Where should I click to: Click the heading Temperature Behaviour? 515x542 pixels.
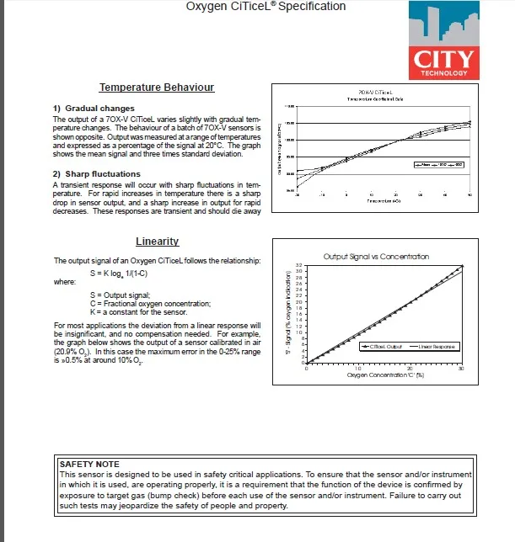point(156,88)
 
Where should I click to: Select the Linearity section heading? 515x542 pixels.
point(156,242)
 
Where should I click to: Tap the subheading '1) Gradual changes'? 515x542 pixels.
point(94,109)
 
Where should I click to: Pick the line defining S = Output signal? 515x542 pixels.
point(120,295)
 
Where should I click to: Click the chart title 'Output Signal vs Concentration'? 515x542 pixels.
point(376,256)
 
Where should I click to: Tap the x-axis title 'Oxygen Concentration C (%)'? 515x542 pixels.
point(384,375)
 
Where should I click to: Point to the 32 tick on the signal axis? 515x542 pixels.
point(298,266)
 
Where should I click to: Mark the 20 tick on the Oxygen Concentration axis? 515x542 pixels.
point(410,369)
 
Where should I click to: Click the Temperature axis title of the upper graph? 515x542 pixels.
point(378,201)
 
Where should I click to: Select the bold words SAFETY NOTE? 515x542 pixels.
point(90,464)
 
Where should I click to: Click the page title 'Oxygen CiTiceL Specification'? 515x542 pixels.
point(266,7)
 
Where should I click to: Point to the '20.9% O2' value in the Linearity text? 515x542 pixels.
point(71,353)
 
